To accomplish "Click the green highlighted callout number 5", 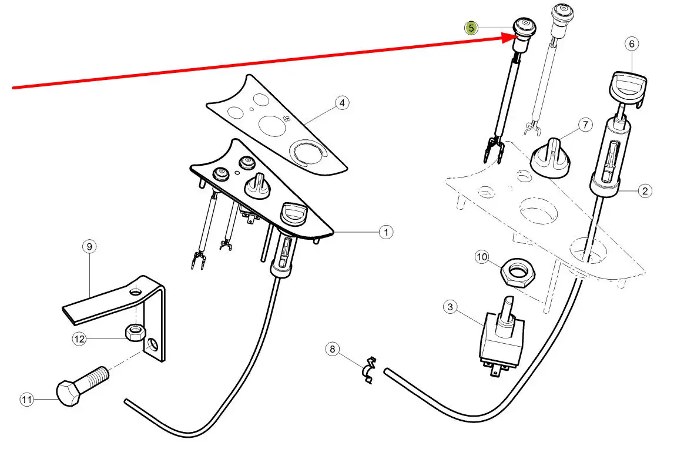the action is (471, 28).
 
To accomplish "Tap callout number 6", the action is (632, 44).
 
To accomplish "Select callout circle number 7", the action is (585, 125).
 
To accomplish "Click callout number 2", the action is (645, 191).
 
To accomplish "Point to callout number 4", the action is (341, 103).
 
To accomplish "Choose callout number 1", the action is (386, 232).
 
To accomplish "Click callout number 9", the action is (89, 247).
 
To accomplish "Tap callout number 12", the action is (79, 339).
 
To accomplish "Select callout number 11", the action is (27, 400).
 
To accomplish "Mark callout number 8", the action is (333, 349).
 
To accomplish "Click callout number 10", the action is (481, 257).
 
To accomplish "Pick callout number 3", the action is (450, 307).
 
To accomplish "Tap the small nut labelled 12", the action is (134, 332).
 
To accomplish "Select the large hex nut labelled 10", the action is (518, 271).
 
